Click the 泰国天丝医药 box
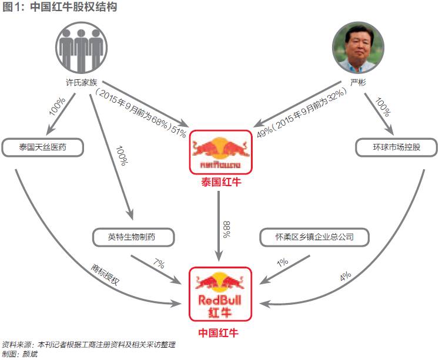coord(43,147)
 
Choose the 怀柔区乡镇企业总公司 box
coord(315,237)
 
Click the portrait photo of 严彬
coord(358,49)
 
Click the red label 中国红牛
coord(219,332)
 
